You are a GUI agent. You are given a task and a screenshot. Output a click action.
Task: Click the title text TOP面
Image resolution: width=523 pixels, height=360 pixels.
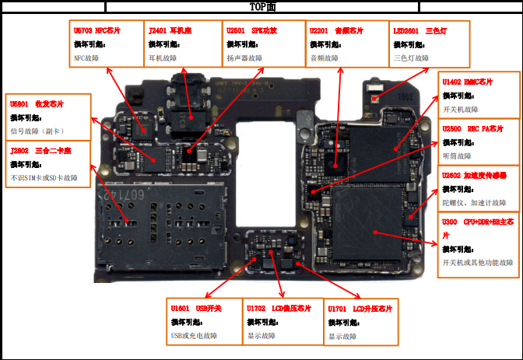click(x=261, y=7)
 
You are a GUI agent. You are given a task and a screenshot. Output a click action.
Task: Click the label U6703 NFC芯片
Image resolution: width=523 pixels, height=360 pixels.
click(x=94, y=31)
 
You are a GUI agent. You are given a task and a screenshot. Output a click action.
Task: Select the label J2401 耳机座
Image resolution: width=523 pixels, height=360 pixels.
click(x=169, y=31)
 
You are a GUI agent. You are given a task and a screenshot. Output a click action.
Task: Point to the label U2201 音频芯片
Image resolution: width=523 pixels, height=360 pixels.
click(x=336, y=31)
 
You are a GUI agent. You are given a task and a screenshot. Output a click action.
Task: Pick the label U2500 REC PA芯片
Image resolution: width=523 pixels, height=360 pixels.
click(x=472, y=128)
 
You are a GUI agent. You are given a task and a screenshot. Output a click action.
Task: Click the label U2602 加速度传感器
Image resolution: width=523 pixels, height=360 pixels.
click(x=474, y=176)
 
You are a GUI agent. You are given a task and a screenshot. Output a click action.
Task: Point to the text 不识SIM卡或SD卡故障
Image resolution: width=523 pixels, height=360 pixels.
click(x=44, y=178)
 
